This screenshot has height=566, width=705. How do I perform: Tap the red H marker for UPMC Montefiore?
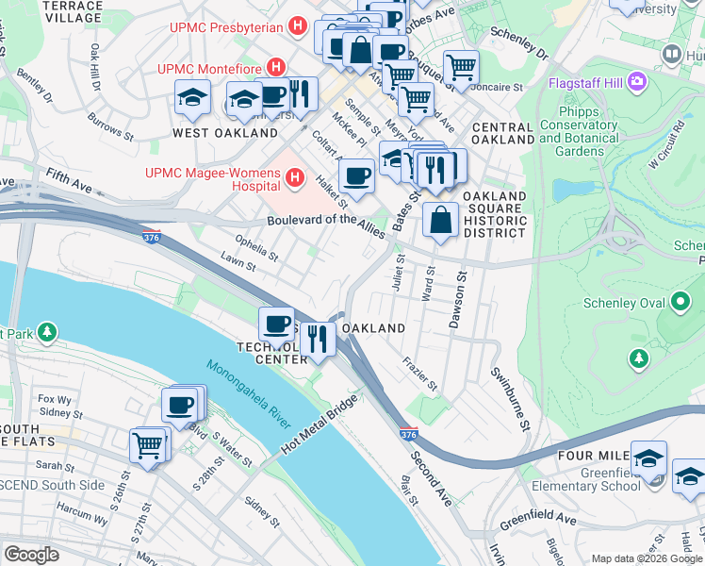point(276,68)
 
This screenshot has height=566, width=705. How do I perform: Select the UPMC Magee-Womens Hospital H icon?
point(296,176)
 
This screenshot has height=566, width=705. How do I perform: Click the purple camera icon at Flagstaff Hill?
point(637,81)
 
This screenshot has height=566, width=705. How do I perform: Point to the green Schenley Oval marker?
point(680,303)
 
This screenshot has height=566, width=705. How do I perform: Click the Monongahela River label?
point(247,394)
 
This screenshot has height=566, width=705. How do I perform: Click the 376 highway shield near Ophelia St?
point(151,237)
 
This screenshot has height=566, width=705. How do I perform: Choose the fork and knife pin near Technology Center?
point(318,337)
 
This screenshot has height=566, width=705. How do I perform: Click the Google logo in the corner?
point(31,555)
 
